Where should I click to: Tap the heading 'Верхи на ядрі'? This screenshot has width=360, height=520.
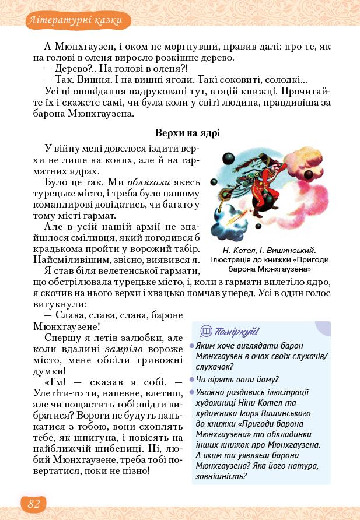pos(187,134)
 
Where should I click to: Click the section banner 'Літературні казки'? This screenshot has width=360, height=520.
pos(74,22)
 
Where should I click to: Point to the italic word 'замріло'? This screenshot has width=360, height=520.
pos(123,349)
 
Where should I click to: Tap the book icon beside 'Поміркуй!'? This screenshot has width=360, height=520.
pos(205,331)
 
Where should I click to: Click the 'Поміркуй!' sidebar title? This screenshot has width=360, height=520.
pos(237,332)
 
